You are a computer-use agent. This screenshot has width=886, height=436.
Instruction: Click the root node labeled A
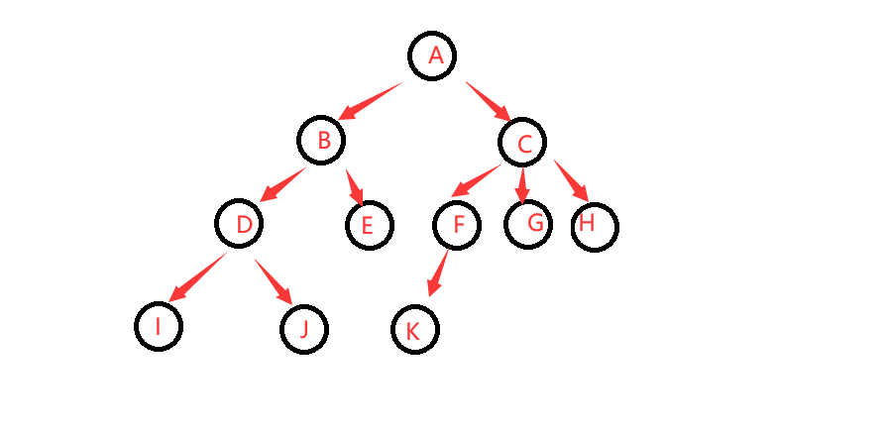tap(432, 55)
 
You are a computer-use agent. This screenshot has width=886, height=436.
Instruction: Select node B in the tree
tap(321, 141)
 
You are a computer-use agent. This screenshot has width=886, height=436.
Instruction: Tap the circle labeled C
tap(522, 144)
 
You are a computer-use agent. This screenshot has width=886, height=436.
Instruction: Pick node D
tap(240, 225)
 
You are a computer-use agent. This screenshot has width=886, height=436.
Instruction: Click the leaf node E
tap(369, 225)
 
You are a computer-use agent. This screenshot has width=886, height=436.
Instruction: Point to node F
tap(457, 225)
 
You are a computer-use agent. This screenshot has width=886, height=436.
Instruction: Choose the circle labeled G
tap(528, 224)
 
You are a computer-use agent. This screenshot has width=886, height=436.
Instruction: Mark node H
tap(595, 227)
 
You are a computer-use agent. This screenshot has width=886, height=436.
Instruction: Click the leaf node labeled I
tap(159, 326)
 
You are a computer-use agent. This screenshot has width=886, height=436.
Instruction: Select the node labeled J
tap(304, 329)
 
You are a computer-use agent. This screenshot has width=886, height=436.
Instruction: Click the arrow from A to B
tap(371, 101)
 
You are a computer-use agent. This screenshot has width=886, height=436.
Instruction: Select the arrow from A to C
tap(487, 101)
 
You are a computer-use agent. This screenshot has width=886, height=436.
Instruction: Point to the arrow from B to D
tap(283, 184)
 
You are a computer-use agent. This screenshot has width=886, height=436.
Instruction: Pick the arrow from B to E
tap(354, 187)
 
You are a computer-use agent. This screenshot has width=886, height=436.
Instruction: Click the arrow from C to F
tap(475, 181)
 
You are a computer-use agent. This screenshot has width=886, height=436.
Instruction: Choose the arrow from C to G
tap(522, 184)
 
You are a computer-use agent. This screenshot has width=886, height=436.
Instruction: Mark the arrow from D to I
tap(197, 276)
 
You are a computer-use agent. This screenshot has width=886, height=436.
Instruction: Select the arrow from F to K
tap(438, 273)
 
